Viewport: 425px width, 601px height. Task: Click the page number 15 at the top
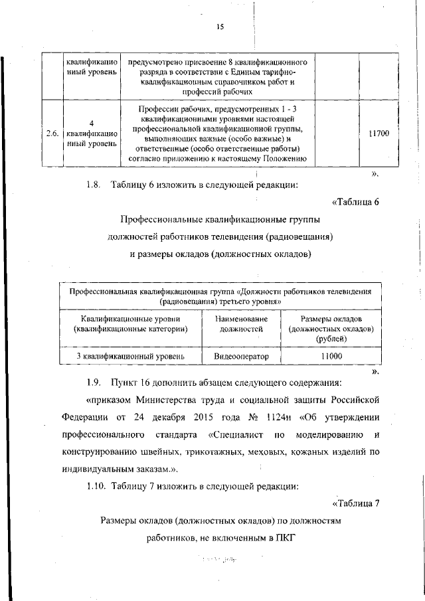coord(220,27)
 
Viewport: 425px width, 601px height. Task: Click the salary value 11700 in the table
coord(379,133)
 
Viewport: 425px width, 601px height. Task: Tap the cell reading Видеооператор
coord(241,357)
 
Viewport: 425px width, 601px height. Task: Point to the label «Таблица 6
coord(355,202)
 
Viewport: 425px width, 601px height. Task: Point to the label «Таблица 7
coord(355,503)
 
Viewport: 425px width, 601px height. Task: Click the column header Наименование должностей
coord(241,323)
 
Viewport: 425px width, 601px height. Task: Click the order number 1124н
coord(272,418)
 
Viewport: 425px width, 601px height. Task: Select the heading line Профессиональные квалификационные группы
coord(220,219)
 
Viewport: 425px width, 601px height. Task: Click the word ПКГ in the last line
coord(281,538)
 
